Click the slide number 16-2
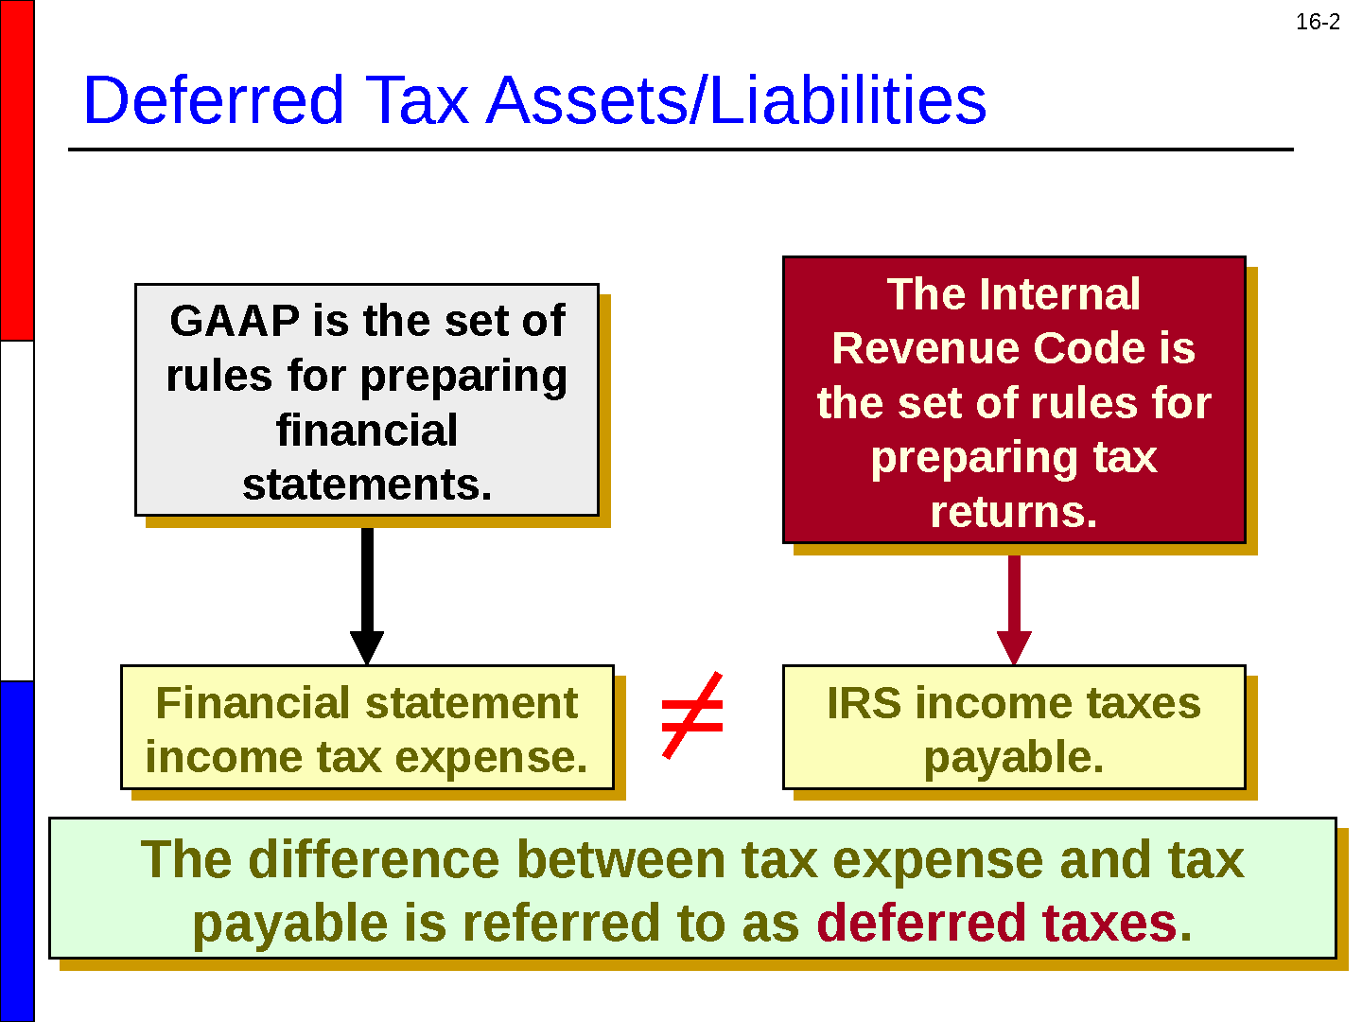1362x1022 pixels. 1318,22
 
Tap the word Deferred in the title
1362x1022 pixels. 213,100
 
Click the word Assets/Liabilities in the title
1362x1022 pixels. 736,100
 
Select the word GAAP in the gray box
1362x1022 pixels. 235,321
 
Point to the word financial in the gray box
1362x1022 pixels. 367,430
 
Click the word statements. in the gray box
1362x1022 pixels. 367,485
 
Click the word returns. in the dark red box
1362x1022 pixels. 1014,512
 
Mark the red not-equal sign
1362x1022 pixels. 692,714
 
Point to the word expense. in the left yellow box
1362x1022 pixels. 491,758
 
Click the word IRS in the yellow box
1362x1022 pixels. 864,703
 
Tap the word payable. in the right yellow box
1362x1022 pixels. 1014,758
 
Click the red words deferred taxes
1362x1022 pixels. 1004,923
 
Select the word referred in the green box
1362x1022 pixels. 560,923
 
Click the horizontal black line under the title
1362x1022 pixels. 681,150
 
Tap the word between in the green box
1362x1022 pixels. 620,859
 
